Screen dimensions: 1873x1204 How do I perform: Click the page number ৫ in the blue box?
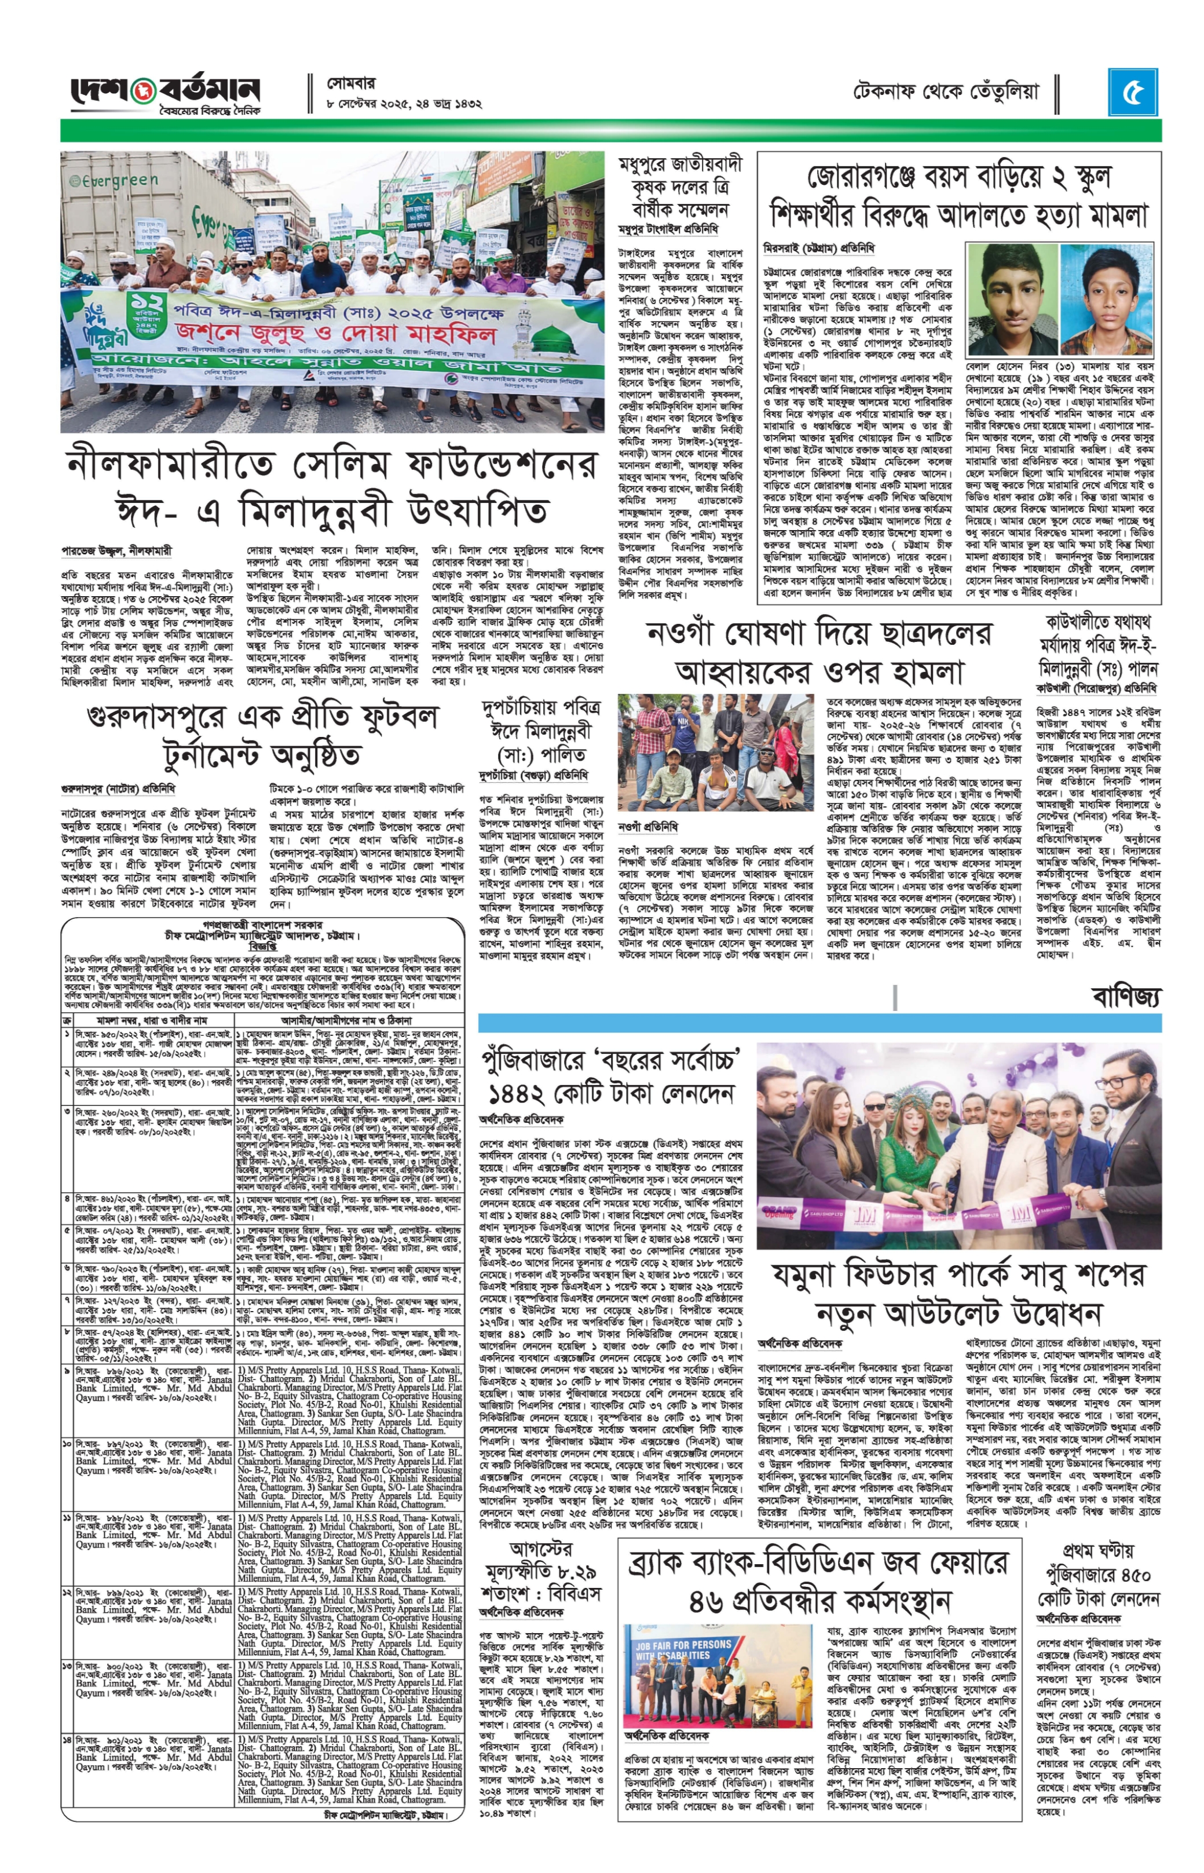(x=1133, y=92)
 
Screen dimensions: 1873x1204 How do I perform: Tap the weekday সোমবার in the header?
(x=352, y=81)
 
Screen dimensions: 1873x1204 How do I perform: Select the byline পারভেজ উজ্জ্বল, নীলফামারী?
(x=116, y=550)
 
